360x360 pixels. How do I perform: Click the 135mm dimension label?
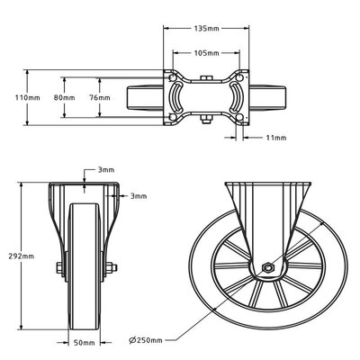tap(207, 28)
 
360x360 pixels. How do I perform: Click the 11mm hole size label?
tap(276, 138)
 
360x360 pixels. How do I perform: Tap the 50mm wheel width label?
tap(85, 342)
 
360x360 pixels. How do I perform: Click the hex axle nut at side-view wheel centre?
tap(266, 267)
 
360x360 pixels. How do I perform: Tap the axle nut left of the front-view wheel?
tap(58, 267)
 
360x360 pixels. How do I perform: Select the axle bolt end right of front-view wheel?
tap(112, 267)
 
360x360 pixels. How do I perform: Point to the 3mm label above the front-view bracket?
tap(106, 169)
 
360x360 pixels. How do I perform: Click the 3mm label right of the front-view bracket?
tap(138, 195)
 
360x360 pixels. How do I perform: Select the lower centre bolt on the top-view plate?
tap(207, 115)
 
